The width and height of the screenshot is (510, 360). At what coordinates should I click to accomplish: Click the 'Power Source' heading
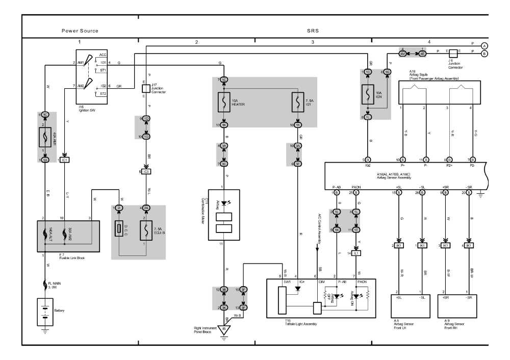pos(80,31)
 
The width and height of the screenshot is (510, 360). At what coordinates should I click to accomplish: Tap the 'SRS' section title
pos(313,31)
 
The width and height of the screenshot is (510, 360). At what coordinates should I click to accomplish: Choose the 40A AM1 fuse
pos(45,137)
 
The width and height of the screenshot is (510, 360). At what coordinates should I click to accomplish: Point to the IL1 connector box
pos(356,253)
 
